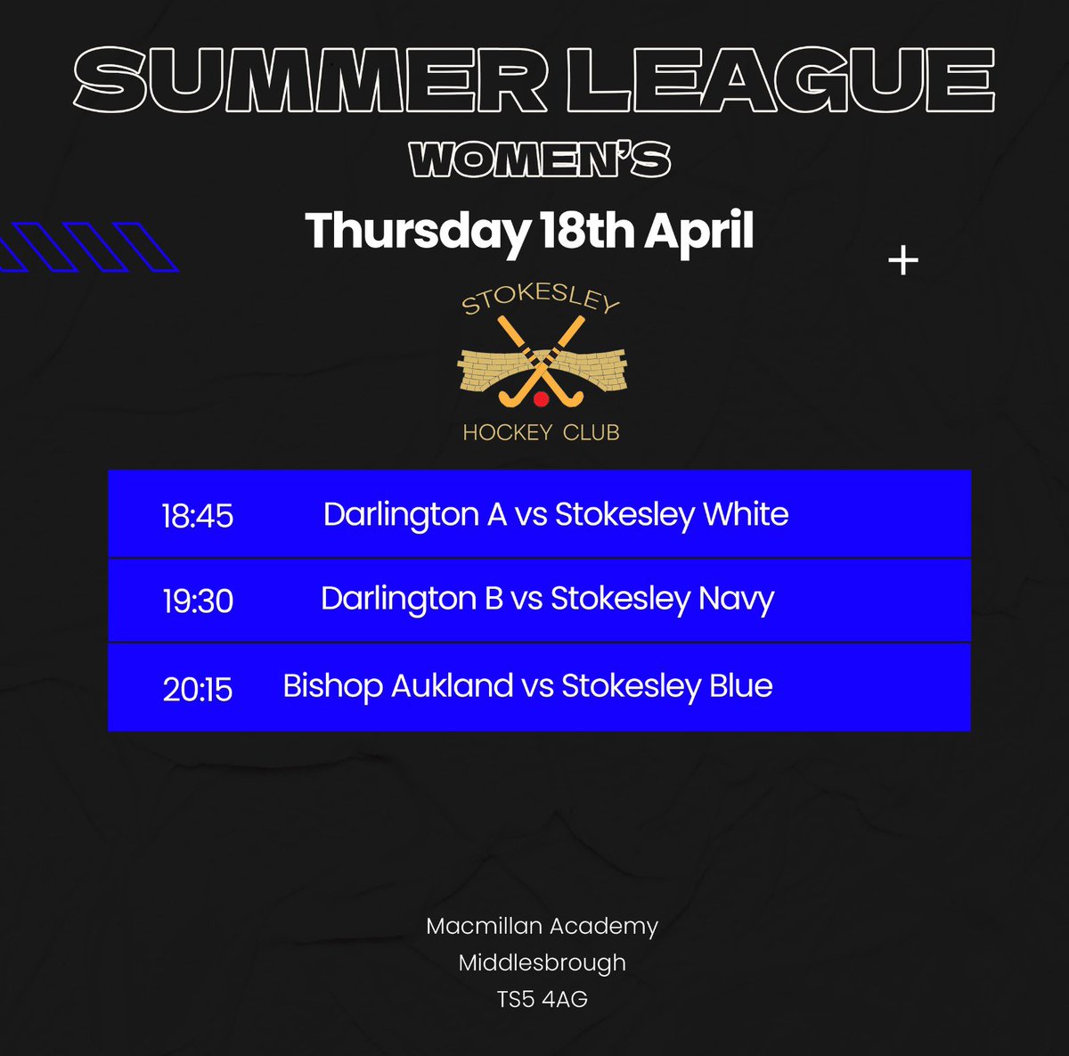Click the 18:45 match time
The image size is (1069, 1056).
tap(197, 516)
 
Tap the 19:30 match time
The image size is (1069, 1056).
tap(198, 602)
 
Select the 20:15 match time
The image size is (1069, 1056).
tap(197, 689)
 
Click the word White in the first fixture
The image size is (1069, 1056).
tap(746, 514)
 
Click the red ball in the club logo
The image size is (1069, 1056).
tap(541, 399)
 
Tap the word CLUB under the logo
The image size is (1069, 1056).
tap(591, 433)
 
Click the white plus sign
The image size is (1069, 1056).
tap(903, 261)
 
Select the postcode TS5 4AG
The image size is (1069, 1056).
tap(543, 999)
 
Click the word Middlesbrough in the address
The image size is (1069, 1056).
tap(543, 962)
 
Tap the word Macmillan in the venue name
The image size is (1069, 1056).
tap(484, 926)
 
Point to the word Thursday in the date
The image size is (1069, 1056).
tap(417, 232)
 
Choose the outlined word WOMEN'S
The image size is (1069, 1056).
tap(540, 161)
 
